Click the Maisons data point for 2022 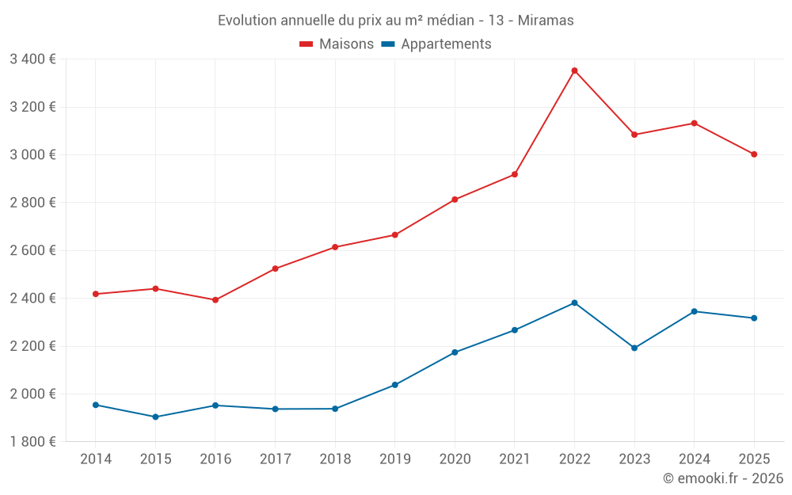click(574, 70)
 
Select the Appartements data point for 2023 click(634, 348)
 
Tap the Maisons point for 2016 click(215, 300)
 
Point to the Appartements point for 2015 click(155, 417)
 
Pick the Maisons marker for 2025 click(754, 154)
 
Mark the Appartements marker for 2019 click(394, 385)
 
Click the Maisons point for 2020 click(455, 200)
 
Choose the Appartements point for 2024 click(695, 311)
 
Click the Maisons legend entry click(346, 44)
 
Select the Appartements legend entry click(446, 44)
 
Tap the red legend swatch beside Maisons click(307, 44)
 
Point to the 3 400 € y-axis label click(32, 59)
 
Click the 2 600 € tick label click(32, 250)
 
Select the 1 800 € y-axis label click(32, 442)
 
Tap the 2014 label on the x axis click(96, 459)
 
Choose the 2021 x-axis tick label click(515, 459)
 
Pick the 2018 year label click(335, 459)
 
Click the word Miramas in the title click(546, 21)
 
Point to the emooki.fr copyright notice click(722, 478)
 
